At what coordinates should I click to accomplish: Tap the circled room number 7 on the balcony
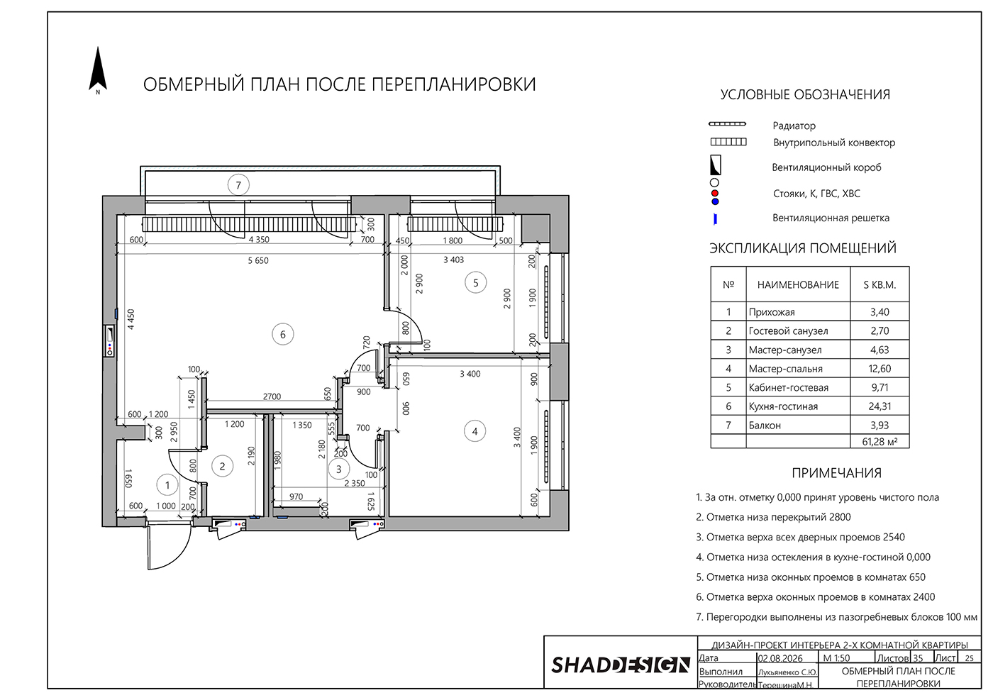pyautogui.click(x=238, y=185)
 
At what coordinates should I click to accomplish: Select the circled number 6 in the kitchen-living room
pyautogui.click(x=283, y=335)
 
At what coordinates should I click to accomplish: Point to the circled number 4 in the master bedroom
pyautogui.click(x=475, y=431)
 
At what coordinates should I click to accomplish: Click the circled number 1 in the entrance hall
pyautogui.click(x=167, y=485)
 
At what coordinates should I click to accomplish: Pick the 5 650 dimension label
pyautogui.click(x=258, y=261)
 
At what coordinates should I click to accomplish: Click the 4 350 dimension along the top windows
pyautogui.click(x=259, y=240)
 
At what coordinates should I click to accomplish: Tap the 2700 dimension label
pyautogui.click(x=272, y=396)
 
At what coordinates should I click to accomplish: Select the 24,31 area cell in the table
pyautogui.click(x=880, y=406)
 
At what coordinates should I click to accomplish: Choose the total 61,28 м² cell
pyautogui.click(x=880, y=441)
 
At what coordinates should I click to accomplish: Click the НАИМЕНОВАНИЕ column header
pyautogui.click(x=798, y=284)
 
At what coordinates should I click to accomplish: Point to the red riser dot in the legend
pyautogui.click(x=715, y=194)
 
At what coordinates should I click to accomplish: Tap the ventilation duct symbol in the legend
pyautogui.click(x=715, y=165)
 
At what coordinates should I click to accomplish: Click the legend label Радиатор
pyautogui.click(x=794, y=126)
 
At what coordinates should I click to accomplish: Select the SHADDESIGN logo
pyautogui.click(x=621, y=665)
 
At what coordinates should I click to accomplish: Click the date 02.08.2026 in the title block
pyautogui.click(x=787, y=658)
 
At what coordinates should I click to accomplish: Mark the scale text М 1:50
pyautogui.click(x=836, y=658)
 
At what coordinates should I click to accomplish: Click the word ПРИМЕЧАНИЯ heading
pyautogui.click(x=836, y=473)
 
